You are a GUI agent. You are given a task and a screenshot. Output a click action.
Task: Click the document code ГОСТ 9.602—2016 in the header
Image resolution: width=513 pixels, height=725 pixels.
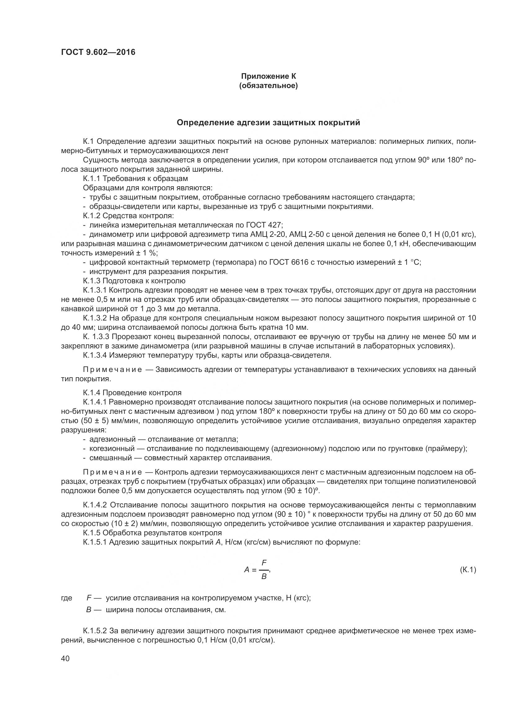tap(98, 52)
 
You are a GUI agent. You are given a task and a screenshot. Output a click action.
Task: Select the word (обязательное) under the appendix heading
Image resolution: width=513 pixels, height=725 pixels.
tap(268, 86)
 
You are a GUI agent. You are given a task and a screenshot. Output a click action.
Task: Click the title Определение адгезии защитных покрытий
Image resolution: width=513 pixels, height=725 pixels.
tap(268, 122)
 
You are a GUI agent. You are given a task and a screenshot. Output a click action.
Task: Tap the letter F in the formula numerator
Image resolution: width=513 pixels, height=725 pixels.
tap(264, 563)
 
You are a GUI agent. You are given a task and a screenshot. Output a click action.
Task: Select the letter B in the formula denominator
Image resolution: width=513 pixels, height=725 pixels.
tap(264, 577)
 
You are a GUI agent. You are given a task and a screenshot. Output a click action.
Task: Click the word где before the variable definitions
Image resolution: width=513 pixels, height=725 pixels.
tap(67, 598)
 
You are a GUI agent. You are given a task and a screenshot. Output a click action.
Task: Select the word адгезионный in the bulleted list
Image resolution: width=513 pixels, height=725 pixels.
tap(113, 439)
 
